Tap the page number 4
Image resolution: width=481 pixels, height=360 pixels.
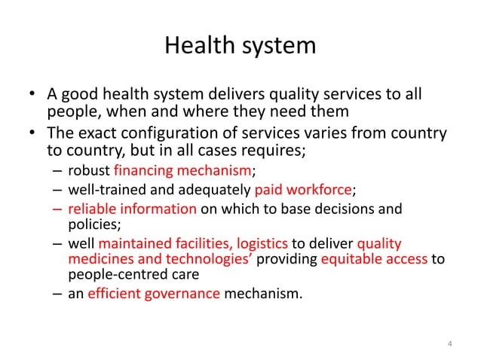449,346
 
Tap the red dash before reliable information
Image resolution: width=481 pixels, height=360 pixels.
59,207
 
